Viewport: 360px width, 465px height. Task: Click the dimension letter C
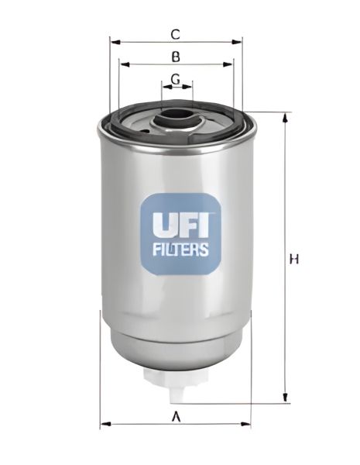pos(176,34)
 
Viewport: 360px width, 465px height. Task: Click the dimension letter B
pos(176,57)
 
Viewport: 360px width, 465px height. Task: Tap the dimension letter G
pos(176,78)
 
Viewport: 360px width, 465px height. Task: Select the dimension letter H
pos(294,259)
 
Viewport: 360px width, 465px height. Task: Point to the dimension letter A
pos(176,418)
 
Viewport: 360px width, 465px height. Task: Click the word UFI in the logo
pos(179,225)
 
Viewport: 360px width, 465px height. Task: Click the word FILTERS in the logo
pos(179,250)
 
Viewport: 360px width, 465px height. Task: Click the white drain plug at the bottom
pos(177,377)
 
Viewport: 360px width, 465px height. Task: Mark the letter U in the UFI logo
pos(156,225)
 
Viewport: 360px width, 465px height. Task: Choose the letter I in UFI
pos(204,225)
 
